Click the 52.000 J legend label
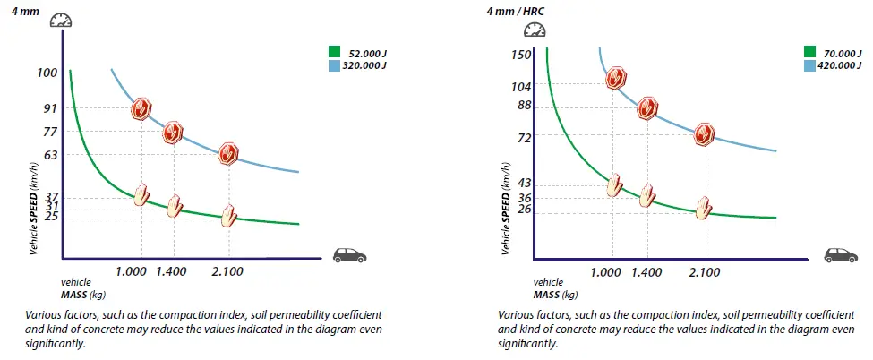[364, 53]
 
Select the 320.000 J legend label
[367, 65]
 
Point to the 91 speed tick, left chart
[49, 108]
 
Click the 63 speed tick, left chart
[49, 154]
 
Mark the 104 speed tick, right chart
[521, 87]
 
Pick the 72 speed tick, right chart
[524, 137]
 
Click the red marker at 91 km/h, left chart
[141, 109]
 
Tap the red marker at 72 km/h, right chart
[705, 134]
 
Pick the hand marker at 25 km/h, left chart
[229, 215]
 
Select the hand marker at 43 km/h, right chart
[614, 185]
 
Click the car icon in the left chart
[349, 255]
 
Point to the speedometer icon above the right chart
[533, 30]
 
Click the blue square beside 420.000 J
[809, 65]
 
